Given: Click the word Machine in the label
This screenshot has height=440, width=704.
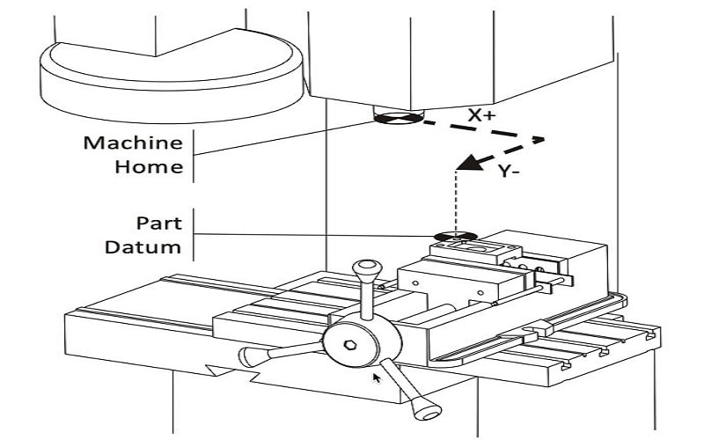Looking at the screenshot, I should point(133,143).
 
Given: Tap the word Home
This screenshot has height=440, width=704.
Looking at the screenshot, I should point(148,165).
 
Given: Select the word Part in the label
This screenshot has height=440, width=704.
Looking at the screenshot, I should point(159,223).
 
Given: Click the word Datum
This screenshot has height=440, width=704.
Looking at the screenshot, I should point(143,246).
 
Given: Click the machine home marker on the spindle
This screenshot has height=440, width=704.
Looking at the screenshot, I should point(398,119).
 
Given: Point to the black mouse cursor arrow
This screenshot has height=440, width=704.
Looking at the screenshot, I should point(378,378).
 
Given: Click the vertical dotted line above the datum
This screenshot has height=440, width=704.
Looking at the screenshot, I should point(456,202).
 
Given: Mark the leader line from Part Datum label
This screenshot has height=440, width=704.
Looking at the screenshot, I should point(317,234).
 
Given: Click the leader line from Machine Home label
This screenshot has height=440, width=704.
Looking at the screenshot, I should point(282,137).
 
